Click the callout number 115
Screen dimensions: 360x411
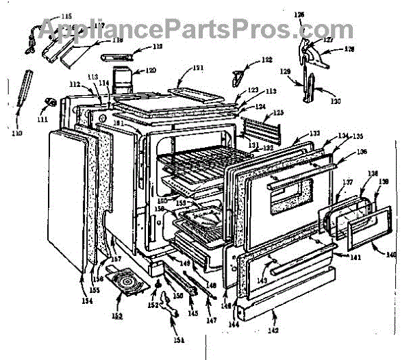pyautogui.click(x=66, y=16)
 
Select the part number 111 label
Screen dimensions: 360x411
pyautogui.click(x=43, y=119)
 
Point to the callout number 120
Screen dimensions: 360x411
pyautogui.click(x=150, y=70)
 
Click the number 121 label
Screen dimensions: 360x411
pyautogui.click(x=198, y=68)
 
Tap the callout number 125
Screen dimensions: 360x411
pyautogui.click(x=278, y=112)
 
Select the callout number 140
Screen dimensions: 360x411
pyautogui.click(x=390, y=255)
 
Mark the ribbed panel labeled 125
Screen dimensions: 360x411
pyautogui.click(x=261, y=126)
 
